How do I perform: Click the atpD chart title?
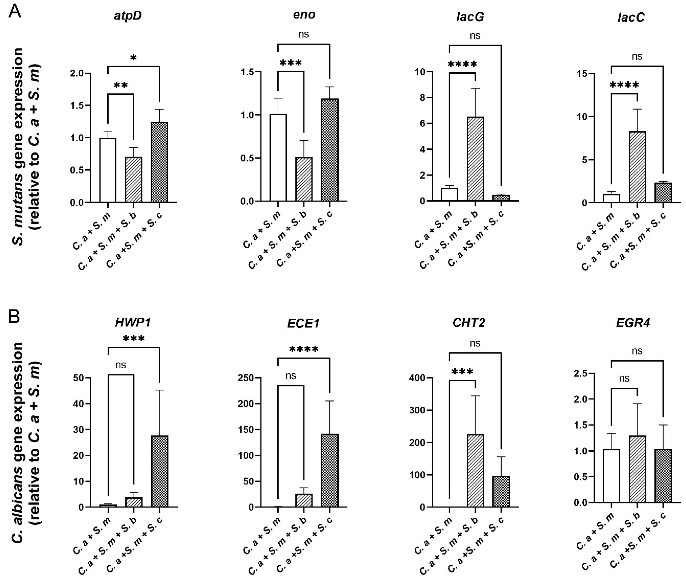pos(128,16)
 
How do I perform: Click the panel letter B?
pos(14,316)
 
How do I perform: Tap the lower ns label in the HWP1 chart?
pos(121,365)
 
